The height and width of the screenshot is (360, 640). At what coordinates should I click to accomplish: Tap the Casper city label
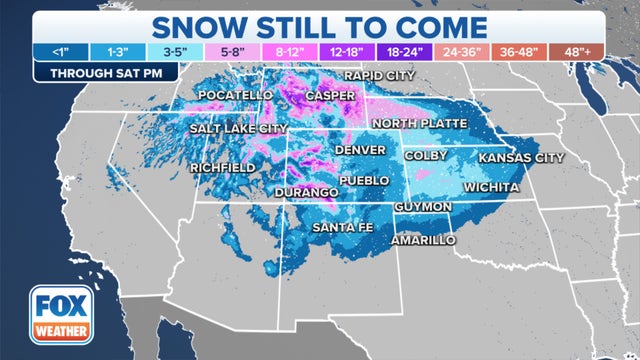point(330,95)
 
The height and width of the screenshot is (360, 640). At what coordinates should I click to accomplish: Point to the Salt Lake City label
point(236,130)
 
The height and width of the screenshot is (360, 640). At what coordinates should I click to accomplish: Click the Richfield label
point(222,167)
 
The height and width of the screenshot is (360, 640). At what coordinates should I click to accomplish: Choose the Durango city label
point(306,190)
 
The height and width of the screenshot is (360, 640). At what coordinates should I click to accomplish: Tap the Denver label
point(360,149)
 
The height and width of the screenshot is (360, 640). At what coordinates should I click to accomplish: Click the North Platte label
point(419,122)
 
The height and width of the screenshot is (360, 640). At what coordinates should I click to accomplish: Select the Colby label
point(424,156)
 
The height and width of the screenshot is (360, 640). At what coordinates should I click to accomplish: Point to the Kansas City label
point(521,158)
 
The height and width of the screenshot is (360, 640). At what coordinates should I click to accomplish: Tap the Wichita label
point(491,187)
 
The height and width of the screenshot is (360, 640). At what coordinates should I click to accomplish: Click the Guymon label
point(423,207)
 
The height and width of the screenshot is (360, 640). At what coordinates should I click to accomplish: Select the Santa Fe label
point(343,227)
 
